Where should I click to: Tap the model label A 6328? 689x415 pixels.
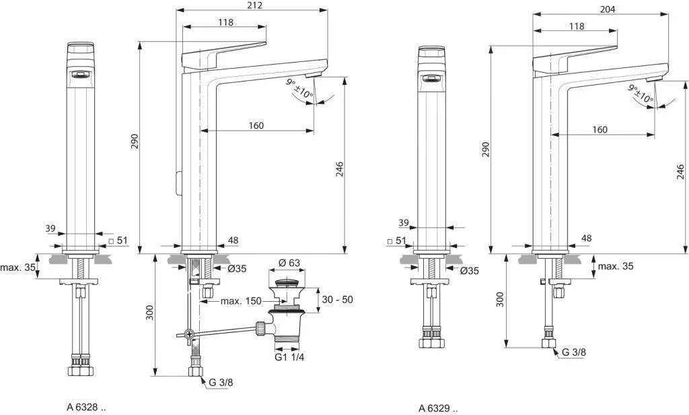[86, 406]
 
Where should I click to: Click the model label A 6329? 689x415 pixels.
[438, 408]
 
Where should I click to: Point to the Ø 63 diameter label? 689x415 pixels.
[291, 263]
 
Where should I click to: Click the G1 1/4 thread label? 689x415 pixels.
[290, 357]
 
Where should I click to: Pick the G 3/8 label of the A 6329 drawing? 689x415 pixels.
[575, 352]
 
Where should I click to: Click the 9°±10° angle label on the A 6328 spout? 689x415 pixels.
[300, 90]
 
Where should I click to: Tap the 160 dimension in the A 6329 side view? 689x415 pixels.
[600, 129]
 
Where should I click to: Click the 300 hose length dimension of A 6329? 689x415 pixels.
[499, 300]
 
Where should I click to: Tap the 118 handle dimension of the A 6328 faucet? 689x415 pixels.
[225, 22]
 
